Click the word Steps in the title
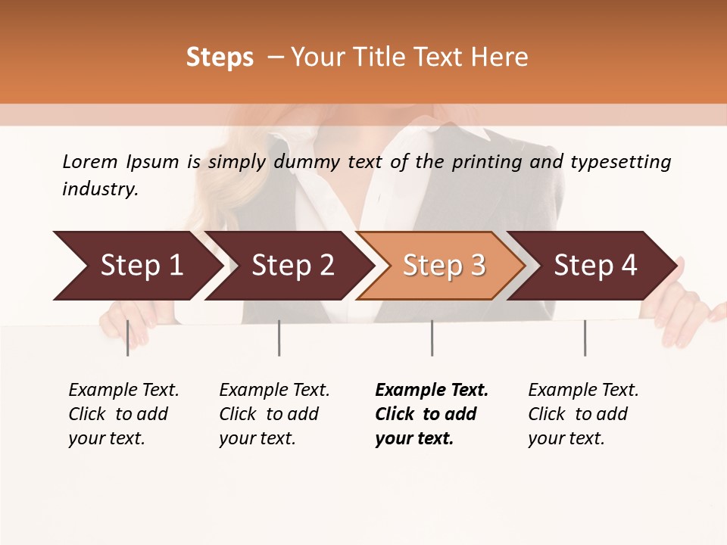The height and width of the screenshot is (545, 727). tap(220, 58)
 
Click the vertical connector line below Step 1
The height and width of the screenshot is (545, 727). tap(127, 338)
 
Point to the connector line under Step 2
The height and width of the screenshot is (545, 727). tap(279, 338)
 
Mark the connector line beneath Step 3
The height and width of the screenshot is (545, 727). tap(432, 338)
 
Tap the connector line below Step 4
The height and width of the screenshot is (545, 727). tap(585, 338)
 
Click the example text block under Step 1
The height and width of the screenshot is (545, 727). tap(123, 414)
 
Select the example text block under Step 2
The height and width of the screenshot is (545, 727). tap(274, 414)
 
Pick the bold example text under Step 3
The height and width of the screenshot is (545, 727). tap(432, 414)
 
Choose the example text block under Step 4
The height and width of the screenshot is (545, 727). tap(583, 414)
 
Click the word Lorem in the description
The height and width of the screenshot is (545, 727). tap(90, 161)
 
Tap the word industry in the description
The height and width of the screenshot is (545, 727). tap(100, 189)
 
